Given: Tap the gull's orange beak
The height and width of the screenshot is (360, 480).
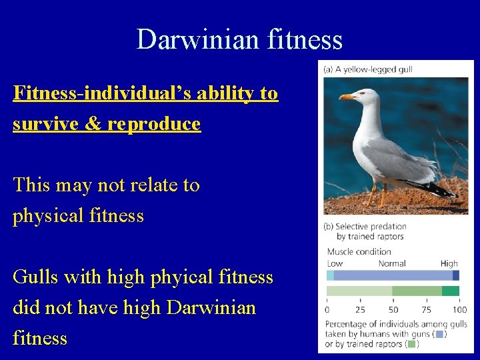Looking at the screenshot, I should tap(347, 97).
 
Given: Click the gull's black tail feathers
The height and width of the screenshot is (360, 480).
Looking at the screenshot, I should tap(437, 189).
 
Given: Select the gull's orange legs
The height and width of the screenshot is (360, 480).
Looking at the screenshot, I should tap(377, 195).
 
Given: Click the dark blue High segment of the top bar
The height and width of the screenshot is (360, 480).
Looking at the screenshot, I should tap(455, 275).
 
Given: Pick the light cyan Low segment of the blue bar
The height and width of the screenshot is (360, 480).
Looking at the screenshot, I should tap(330, 275).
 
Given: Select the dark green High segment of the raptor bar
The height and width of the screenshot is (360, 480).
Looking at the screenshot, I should tap(451, 291).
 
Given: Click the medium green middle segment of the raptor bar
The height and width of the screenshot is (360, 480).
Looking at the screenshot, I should tap(417, 291).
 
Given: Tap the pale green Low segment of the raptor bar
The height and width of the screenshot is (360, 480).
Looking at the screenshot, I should tap(359, 291).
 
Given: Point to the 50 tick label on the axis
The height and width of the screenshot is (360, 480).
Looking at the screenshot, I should tap(393, 309).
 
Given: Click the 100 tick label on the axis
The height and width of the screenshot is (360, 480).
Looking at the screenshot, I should tap(459, 309).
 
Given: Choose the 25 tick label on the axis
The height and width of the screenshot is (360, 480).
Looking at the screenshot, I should tap(359, 309).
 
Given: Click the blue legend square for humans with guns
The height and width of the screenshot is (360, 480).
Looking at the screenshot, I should tap(439, 334).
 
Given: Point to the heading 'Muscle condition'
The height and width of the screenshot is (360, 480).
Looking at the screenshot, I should tap(359, 251).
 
